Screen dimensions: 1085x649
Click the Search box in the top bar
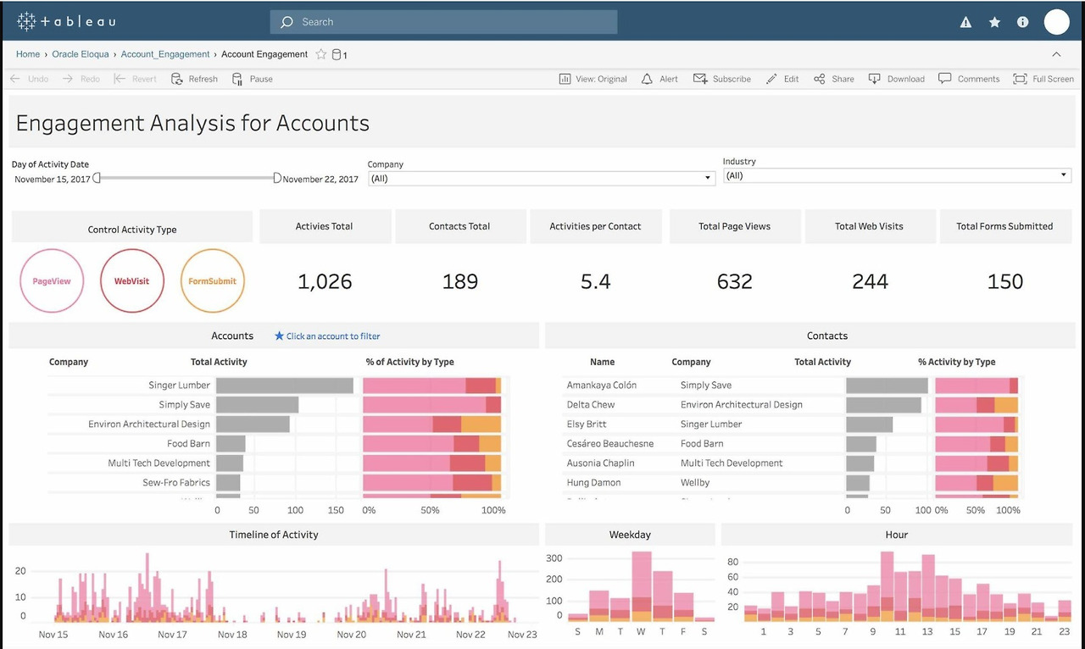click(x=443, y=22)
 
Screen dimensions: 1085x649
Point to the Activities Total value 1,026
click(x=325, y=281)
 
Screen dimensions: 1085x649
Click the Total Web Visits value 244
click(x=870, y=281)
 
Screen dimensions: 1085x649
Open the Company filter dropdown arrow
click(x=707, y=178)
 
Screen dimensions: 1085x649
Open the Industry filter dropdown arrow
click(x=1063, y=175)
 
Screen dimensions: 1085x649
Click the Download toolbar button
click(x=897, y=79)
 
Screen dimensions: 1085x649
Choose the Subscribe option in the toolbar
click(x=721, y=79)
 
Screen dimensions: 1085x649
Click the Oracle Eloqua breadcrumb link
click(x=81, y=54)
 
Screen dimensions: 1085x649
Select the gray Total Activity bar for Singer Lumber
click(x=285, y=386)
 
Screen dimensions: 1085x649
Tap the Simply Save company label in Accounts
click(x=184, y=404)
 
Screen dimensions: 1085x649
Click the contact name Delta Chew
click(x=591, y=404)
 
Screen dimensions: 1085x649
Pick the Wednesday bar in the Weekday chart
click(x=642, y=586)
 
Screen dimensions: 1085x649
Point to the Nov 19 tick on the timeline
click(x=292, y=635)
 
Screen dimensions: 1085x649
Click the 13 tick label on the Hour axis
click(x=927, y=631)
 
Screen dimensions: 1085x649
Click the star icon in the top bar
click(x=994, y=22)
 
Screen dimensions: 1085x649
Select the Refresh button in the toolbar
click(x=194, y=79)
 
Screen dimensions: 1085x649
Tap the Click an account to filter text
click(x=333, y=336)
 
